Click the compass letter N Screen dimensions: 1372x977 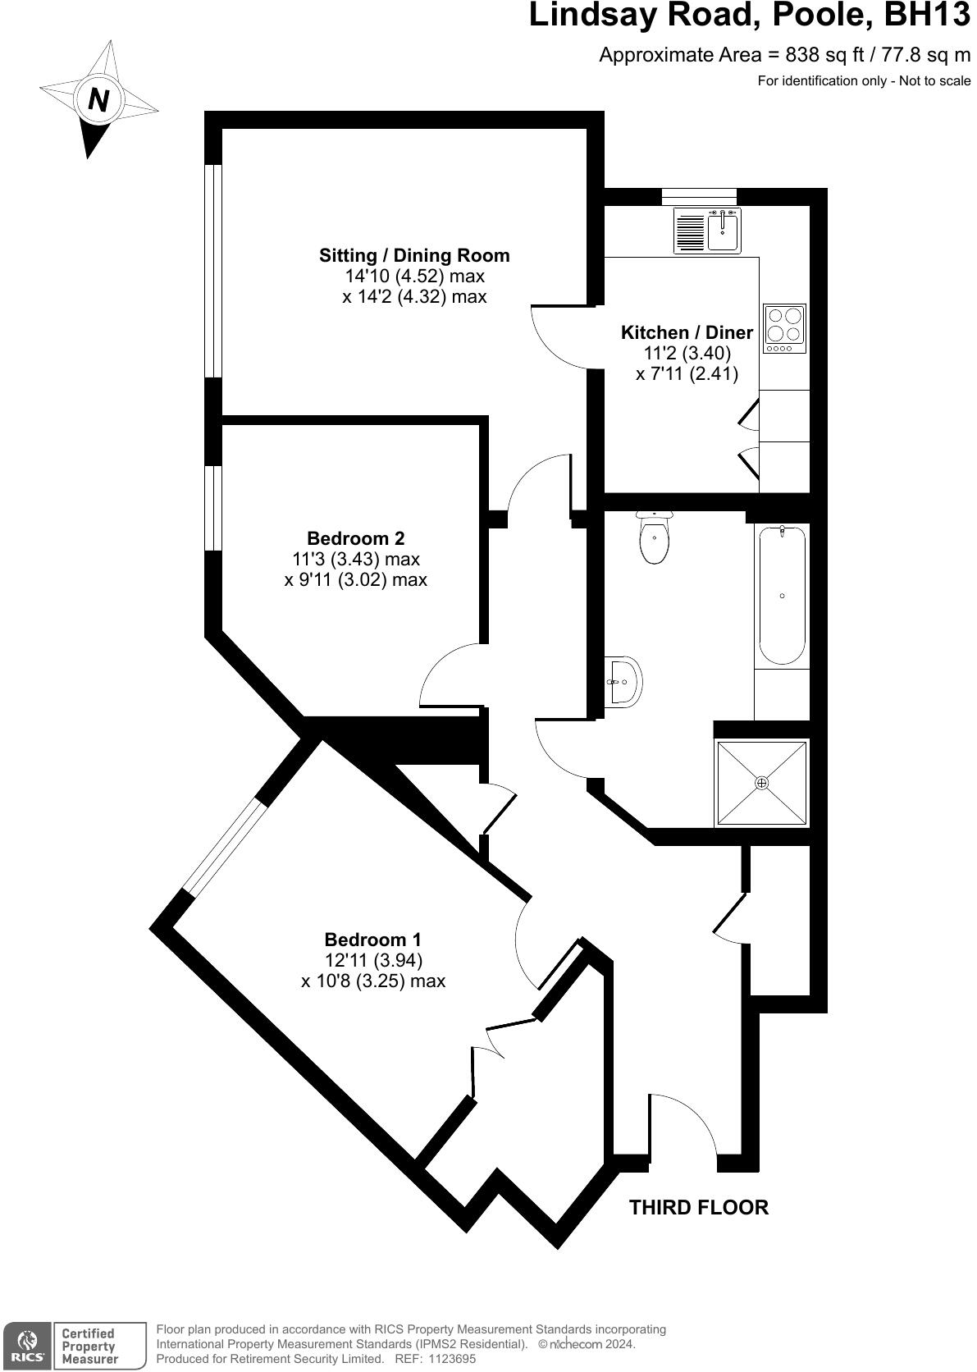(98, 100)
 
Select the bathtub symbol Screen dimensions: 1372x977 (782, 595)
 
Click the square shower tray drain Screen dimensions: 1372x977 (762, 783)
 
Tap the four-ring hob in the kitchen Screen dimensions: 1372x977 (784, 328)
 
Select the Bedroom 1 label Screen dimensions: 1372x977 (372, 940)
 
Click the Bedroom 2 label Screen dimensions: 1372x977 (355, 538)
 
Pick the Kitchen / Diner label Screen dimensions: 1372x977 (687, 332)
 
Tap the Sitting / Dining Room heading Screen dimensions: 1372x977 (414, 255)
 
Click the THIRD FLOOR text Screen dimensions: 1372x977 (698, 1207)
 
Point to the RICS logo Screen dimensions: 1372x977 (27, 1344)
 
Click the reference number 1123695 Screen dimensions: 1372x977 (446, 1359)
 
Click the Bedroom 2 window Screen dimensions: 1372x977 (213, 508)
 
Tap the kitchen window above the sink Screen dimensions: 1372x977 (699, 197)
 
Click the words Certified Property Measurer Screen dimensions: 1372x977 (89, 1346)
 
